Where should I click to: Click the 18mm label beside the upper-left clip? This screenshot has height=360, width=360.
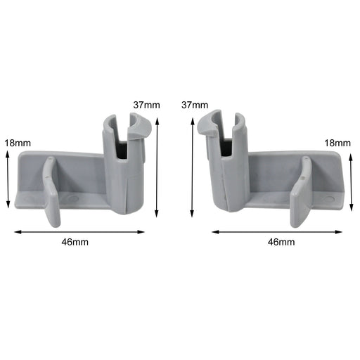(x=17, y=143)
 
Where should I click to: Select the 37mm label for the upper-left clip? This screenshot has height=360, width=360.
(x=146, y=105)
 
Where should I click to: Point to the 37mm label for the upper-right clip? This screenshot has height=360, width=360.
(x=194, y=105)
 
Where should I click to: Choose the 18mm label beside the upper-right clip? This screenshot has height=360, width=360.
(x=337, y=143)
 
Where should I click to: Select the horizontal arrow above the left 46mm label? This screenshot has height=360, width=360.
(x=79, y=231)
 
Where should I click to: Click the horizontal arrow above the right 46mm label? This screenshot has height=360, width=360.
(x=277, y=231)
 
